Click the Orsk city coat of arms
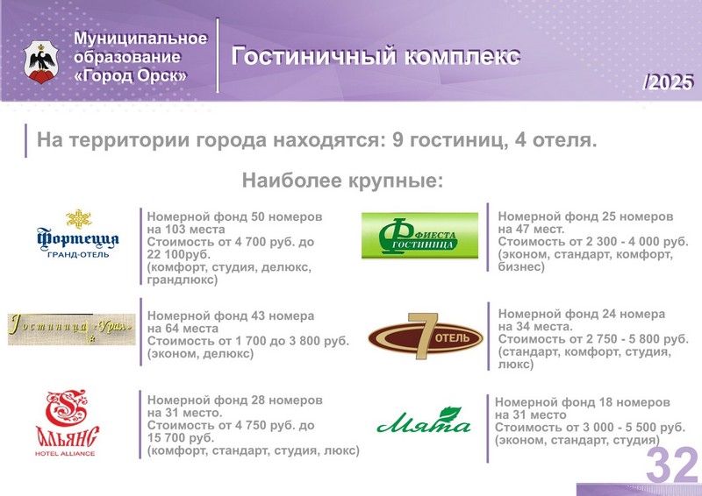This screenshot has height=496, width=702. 41,62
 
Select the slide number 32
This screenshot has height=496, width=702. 672,465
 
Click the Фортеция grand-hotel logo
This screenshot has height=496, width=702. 78,233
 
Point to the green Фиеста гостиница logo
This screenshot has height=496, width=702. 419,236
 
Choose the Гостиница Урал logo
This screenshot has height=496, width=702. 72,329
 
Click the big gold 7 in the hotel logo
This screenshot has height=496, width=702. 421,335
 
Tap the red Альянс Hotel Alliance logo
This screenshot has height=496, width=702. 68,422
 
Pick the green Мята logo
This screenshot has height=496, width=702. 424,421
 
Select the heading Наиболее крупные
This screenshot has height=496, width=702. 342,181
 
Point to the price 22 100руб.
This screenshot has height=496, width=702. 178,254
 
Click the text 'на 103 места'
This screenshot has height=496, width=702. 186,230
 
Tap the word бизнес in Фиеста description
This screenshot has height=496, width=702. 521,267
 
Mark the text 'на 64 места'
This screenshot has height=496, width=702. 183,329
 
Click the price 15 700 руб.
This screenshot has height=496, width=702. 181,437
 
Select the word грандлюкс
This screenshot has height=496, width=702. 183,280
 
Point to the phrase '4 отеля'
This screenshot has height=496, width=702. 555,140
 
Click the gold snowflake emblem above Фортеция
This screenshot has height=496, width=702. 79,219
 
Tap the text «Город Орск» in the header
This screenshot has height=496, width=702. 130,75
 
